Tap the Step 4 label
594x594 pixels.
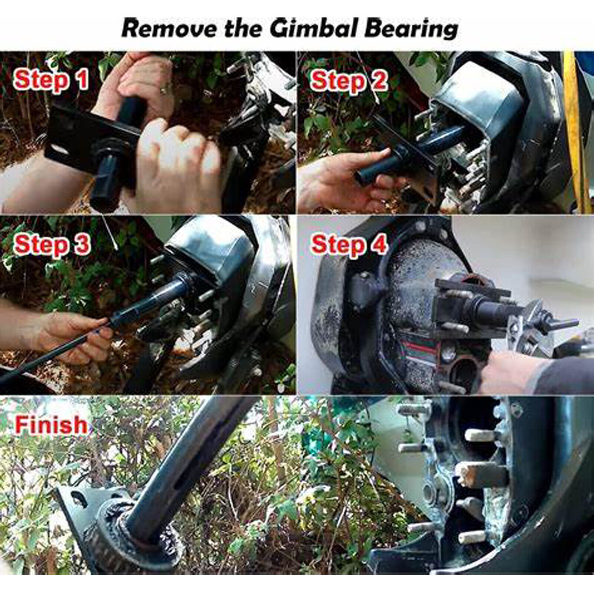[x=349, y=244]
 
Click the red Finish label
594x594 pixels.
[x=51, y=424]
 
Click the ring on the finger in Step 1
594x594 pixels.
[x=164, y=89]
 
